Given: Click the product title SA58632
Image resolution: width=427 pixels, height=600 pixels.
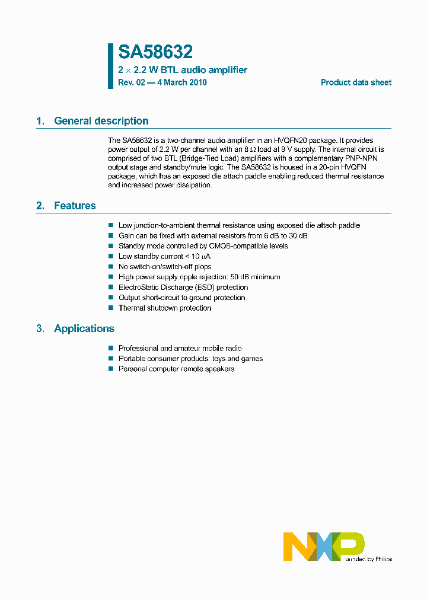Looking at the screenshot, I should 155,53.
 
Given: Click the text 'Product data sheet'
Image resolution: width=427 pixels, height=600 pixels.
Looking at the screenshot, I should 356,82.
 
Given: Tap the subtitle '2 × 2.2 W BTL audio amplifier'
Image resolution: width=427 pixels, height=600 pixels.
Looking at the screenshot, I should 183,70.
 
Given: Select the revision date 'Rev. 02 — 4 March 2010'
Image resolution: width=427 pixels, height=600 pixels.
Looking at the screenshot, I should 162,82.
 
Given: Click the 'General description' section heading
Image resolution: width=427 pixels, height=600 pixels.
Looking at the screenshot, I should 101,121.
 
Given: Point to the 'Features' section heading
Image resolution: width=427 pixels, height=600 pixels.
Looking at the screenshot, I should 75,206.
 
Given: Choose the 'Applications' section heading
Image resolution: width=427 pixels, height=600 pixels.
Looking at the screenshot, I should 84,328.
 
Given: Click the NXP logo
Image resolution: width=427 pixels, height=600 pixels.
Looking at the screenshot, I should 324,546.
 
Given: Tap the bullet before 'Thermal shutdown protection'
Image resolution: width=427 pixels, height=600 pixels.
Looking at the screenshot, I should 110,308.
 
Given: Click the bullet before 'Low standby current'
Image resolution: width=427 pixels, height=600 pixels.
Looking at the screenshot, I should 110,256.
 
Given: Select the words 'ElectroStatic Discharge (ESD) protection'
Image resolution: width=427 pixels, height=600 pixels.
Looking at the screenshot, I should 183,288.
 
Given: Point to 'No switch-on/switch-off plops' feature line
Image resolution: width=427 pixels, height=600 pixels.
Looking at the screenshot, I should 165,267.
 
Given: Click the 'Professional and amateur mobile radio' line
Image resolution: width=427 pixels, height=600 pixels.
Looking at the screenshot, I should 180,349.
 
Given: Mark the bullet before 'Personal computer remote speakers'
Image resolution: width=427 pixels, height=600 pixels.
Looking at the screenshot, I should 110,369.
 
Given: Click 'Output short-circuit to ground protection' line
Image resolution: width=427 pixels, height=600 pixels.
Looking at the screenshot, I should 181,298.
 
